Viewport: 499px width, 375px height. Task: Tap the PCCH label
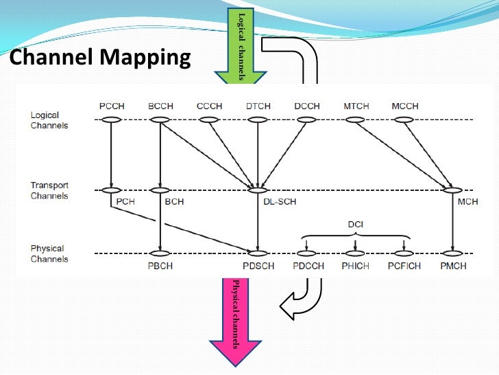pyautogui.click(x=111, y=106)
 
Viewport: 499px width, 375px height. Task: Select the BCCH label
pyautogui.click(x=160, y=106)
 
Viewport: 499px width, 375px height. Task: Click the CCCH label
pyautogui.click(x=209, y=106)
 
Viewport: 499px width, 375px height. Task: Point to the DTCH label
pyautogui.click(x=258, y=106)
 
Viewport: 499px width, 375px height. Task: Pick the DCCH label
pyautogui.click(x=306, y=106)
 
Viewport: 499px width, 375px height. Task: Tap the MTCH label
pyautogui.click(x=356, y=106)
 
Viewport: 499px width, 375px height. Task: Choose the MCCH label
pyautogui.click(x=404, y=106)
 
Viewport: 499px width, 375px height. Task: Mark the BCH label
pyautogui.click(x=175, y=202)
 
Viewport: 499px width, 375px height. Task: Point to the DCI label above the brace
pyautogui.click(x=356, y=225)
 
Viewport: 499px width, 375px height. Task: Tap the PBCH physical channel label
pyautogui.click(x=160, y=266)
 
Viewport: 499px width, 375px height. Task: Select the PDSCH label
pyautogui.click(x=258, y=266)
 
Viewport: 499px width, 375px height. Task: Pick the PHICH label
pyautogui.click(x=356, y=266)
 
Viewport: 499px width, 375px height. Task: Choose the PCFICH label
pyautogui.click(x=405, y=266)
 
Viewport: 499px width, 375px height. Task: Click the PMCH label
pyautogui.click(x=453, y=266)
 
